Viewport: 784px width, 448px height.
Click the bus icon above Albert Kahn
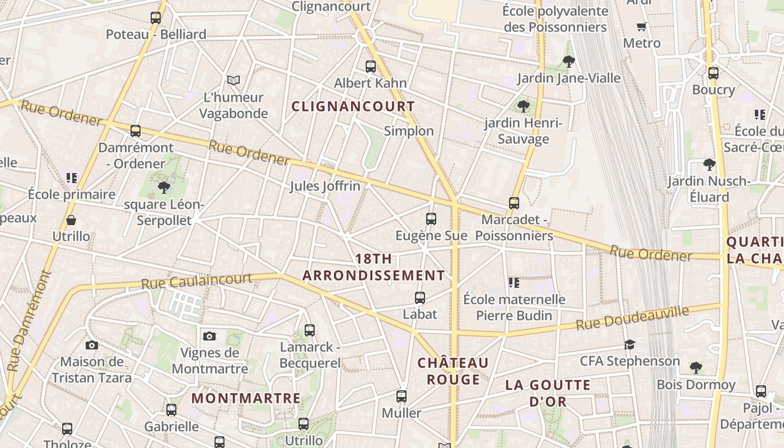370,67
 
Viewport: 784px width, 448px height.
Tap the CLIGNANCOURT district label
353,106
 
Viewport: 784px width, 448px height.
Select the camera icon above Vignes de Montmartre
209,336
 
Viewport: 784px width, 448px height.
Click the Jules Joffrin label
325,186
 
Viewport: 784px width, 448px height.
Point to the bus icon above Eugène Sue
431,219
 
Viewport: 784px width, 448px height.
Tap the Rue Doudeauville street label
632,318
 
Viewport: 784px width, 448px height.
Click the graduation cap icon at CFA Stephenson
630,344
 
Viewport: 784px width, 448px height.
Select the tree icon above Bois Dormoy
696,368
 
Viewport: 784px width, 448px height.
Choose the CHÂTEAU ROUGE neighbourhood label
453,371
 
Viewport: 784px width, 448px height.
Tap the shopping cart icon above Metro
642,26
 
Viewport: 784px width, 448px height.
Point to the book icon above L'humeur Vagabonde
234,81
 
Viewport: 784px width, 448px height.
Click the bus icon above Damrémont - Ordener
136,131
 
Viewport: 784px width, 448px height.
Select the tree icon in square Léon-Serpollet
164,187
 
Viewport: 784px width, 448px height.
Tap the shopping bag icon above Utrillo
71,220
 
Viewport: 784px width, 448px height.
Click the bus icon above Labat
420,298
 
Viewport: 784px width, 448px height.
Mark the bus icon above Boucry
713,73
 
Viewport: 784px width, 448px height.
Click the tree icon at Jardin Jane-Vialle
569,62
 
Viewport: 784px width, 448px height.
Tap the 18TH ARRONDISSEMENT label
374,267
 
